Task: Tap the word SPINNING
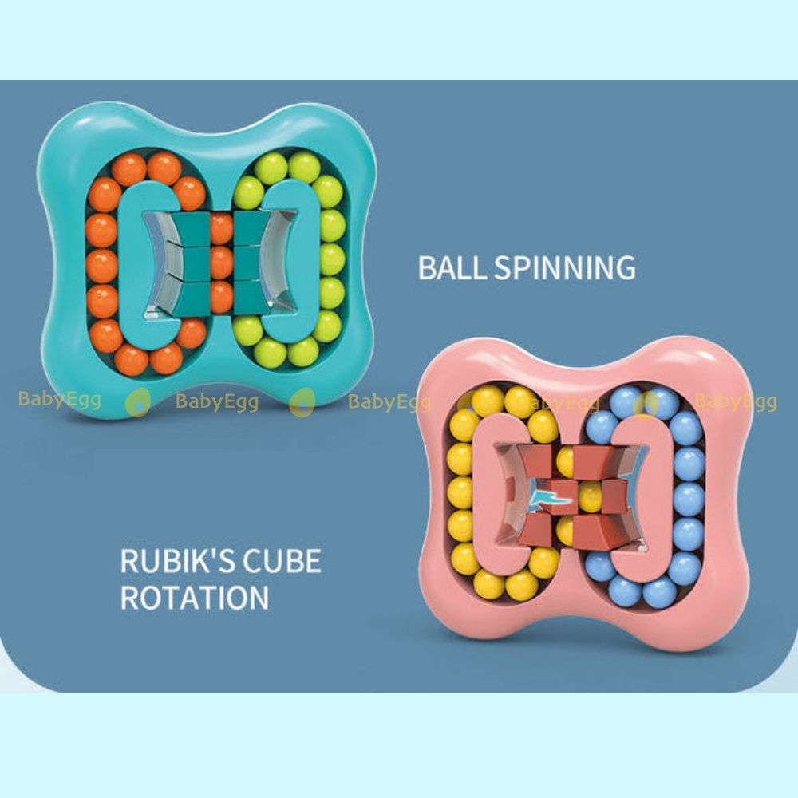tap(565, 267)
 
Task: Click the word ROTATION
tap(195, 597)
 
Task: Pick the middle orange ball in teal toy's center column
tap(221, 263)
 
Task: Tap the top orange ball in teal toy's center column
tap(221, 229)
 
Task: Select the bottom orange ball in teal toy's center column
tap(221, 295)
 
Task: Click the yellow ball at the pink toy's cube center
tap(589, 496)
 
